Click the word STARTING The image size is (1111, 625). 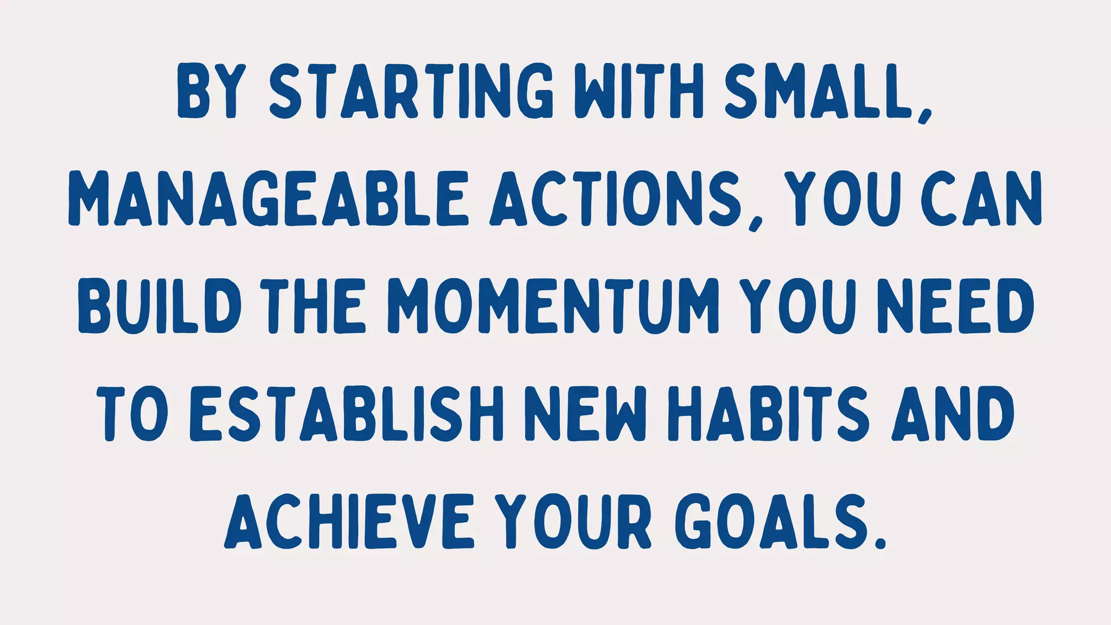pyautogui.click(x=411, y=92)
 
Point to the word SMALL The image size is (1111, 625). pyautogui.click(x=817, y=92)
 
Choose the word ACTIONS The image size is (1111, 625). pyautogui.click(x=616, y=199)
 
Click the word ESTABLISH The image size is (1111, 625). pyautogui.click(x=347, y=413)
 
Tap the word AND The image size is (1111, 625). pyautogui.click(x=953, y=413)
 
